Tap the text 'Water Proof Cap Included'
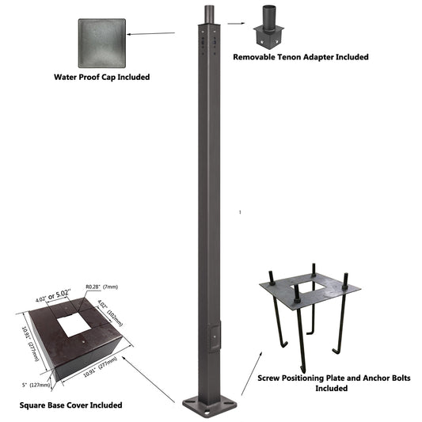coord(101,78)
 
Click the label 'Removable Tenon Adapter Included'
coord(300,57)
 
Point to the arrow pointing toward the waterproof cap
coord(150,33)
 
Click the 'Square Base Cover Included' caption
coord(70,405)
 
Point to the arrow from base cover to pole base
coord(150,380)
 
